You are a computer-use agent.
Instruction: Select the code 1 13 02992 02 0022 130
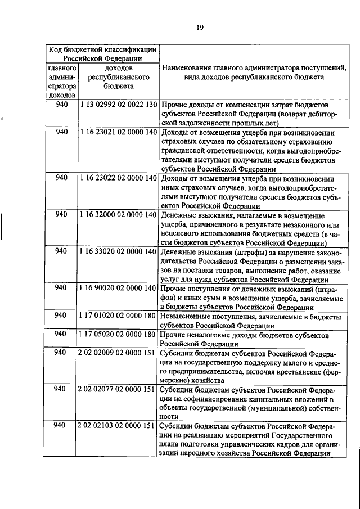pyautogui.click(x=118, y=105)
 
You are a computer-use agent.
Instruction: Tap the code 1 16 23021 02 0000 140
pyautogui.click(x=118, y=133)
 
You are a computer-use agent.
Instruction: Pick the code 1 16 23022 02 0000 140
pyautogui.click(x=118, y=178)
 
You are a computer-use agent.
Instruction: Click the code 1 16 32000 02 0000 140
pyautogui.click(x=118, y=215)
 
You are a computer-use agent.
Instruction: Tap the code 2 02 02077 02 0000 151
pyautogui.click(x=118, y=389)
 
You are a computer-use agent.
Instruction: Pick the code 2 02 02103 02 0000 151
pyautogui.click(x=118, y=426)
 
